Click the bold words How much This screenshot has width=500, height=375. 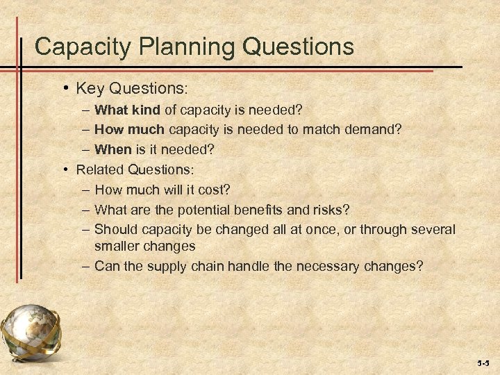(x=129, y=129)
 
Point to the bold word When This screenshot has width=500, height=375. (x=112, y=149)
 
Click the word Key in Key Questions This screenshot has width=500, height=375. (x=88, y=89)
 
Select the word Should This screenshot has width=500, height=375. (x=115, y=229)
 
